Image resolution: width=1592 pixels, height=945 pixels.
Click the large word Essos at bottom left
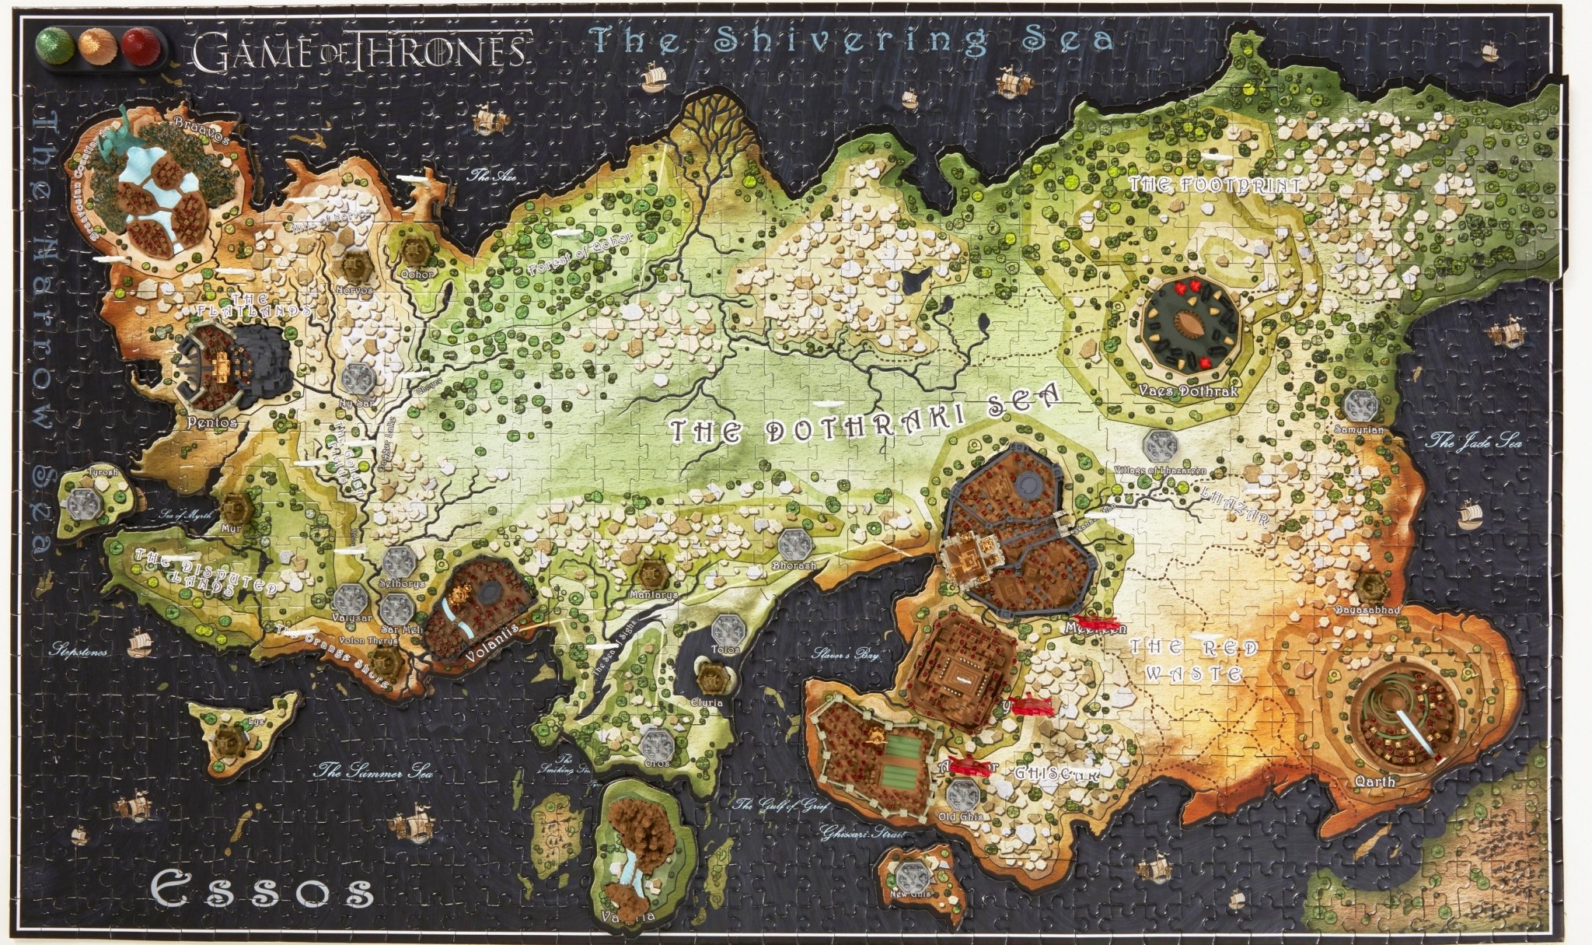click(x=260, y=890)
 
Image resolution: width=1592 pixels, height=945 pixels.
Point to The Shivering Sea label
click(x=852, y=39)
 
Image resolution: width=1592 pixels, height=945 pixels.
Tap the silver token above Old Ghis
click(x=962, y=796)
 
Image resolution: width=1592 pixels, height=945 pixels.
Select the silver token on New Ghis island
click(x=909, y=876)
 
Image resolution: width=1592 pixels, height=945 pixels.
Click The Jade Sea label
click(x=1464, y=443)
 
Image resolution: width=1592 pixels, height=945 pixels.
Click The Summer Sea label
click(x=373, y=772)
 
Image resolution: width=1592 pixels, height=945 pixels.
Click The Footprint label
click(x=1214, y=185)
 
